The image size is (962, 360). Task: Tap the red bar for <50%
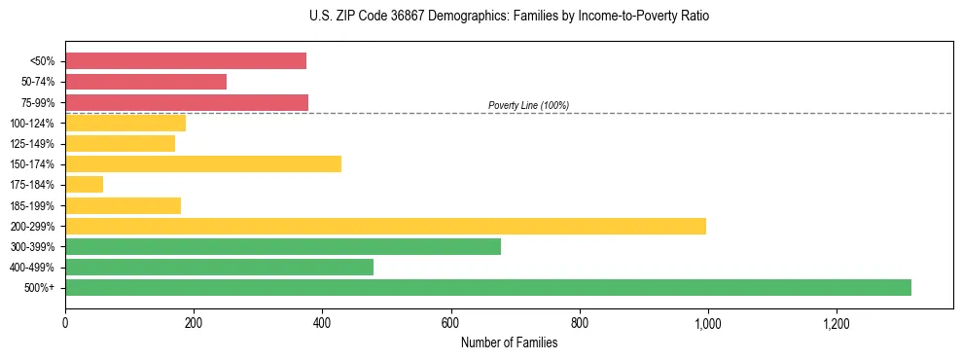(x=186, y=61)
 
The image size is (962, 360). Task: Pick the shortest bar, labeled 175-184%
(x=84, y=185)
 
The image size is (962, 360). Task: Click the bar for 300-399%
(x=283, y=246)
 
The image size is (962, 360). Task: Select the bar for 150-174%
(x=203, y=163)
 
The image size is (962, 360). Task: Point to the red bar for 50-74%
(x=146, y=82)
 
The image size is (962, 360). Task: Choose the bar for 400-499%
(x=219, y=267)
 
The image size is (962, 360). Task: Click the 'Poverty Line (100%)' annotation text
(x=528, y=105)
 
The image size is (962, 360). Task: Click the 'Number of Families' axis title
(x=509, y=342)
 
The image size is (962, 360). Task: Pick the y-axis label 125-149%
(x=33, y=144)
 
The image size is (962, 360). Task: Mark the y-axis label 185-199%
(x=33, y=206)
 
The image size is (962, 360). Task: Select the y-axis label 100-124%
(x=33, y=124)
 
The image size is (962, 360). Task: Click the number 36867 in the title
(x=398, y=17)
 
